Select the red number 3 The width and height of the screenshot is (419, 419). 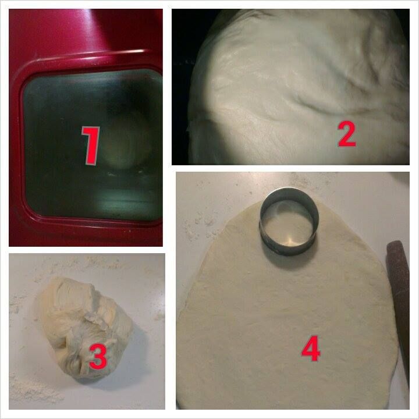pyautogui.click(x=98, y=357)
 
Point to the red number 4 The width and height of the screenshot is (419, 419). pyautogui.click(x=311, y=349)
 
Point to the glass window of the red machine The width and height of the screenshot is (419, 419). pyautogui.click(x=92, y=144)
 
